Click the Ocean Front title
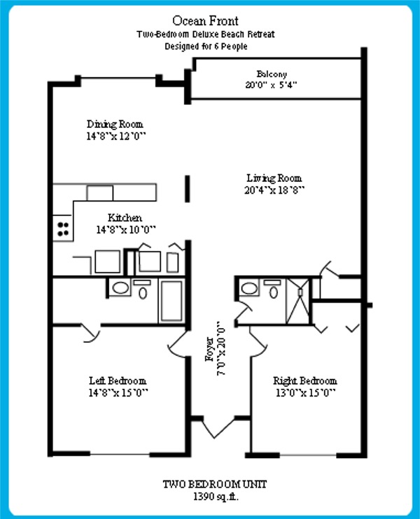tap(205, 21)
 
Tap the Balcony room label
tap(272, 74)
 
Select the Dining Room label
tap(115, 124)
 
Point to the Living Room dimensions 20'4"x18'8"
tap(274, 190)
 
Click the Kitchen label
tap(125, 218)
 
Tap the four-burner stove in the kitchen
tap(63, 229)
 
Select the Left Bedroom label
tap(118, 381)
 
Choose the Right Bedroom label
tap(305, 381)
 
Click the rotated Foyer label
tap(209, 349)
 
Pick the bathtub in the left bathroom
tap(171, 301)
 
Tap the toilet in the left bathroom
tap(142, 289)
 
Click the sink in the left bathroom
tap(120, 287)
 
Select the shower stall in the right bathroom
tap(298, 301)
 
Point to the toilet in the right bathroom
tap(273, 289)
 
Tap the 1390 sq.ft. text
tap(216, 497)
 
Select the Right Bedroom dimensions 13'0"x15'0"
tap(305, 393)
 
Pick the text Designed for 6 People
tap(206, 46)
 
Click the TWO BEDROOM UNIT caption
tap(215, 484)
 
